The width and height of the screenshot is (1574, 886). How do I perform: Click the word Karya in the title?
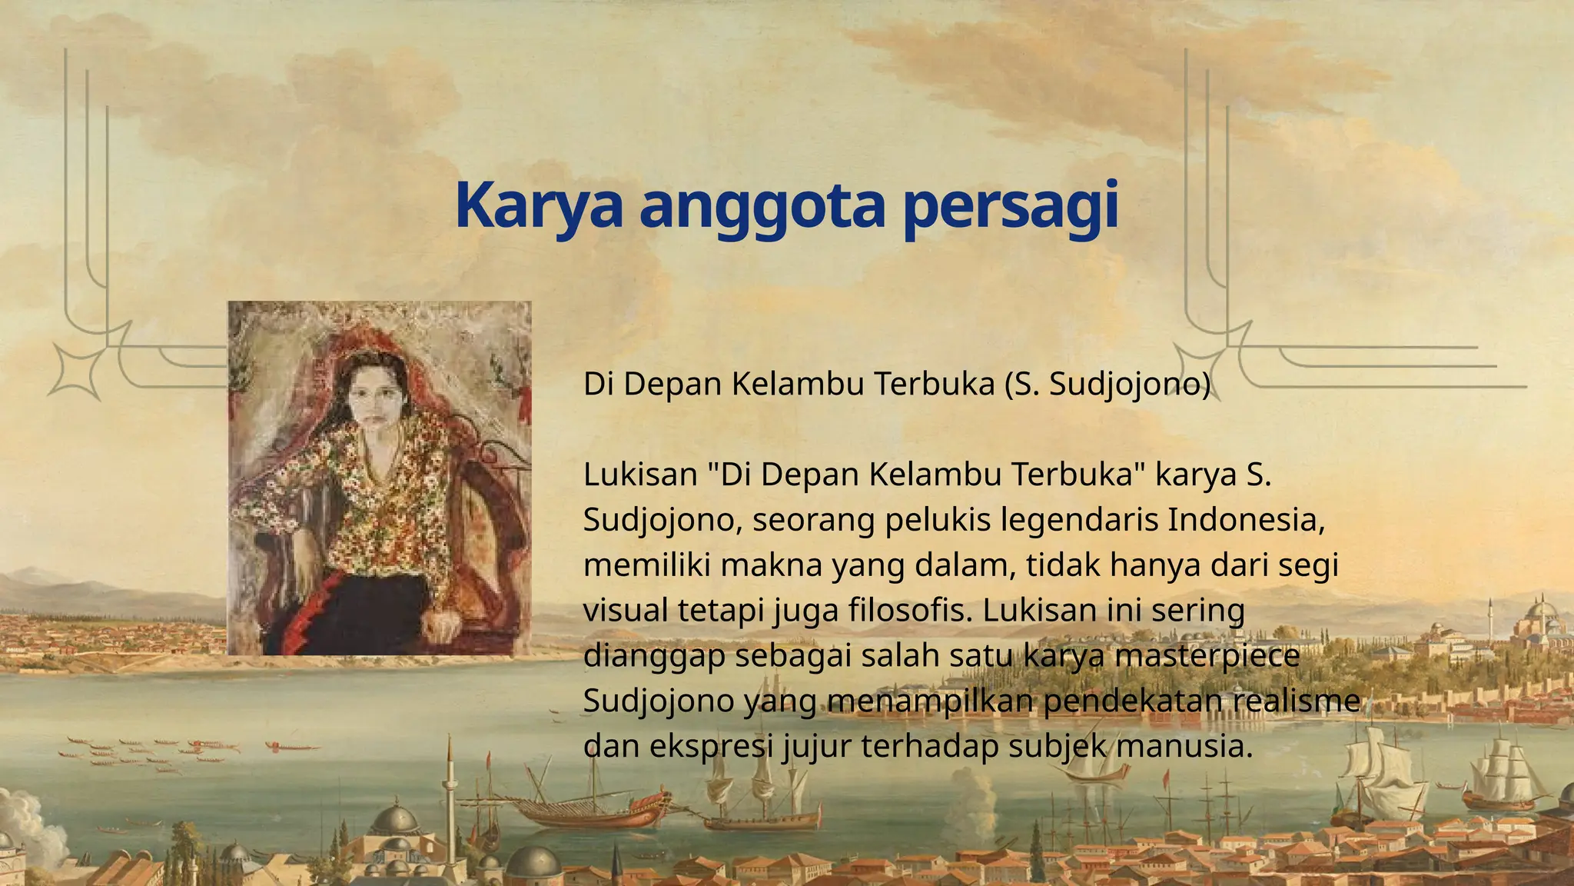point(538,206)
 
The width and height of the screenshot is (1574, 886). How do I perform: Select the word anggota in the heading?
point(762,206)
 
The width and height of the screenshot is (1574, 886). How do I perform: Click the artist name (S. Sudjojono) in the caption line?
point(1107,383)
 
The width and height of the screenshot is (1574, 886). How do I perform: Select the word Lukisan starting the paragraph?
point(640,475)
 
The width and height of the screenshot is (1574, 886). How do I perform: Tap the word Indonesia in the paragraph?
point(1246,520)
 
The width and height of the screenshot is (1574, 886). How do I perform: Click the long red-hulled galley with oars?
point(592,812)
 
